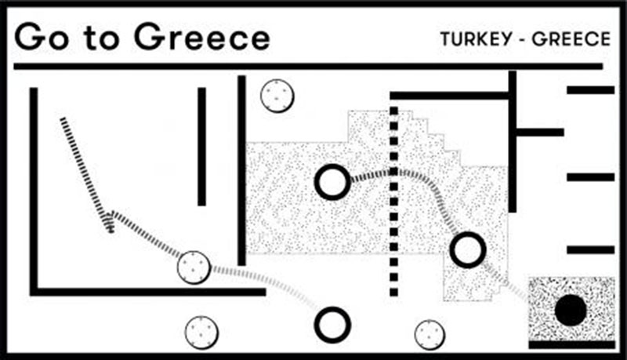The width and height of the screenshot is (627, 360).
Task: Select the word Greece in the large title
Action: click(202, 37)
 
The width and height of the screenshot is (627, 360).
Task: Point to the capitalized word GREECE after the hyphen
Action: click(571, 38)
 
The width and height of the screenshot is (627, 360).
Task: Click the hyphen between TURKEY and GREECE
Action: click(522, 40)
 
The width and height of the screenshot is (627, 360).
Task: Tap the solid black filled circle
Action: click(571, 311)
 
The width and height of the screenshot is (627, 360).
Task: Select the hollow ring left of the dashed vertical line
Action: click(332, 182)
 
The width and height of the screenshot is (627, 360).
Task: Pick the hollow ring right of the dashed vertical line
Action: click(468, 250)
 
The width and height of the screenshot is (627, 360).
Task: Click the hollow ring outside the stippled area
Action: click(332, 325)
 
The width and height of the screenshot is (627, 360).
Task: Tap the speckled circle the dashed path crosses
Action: click(194, 267)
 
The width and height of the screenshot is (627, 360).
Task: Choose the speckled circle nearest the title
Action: click(277, 96)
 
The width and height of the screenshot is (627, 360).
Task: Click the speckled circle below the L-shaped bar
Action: click(201, 333)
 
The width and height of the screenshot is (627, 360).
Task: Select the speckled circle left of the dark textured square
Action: click(429, 334)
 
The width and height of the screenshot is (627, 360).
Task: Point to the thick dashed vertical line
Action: click(394, 202)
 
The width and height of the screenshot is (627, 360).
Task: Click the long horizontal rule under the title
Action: click(308, 66)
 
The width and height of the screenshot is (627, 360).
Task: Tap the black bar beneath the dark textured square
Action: click(572, 344)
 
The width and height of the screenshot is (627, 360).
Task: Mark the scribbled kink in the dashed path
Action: click(108, 222)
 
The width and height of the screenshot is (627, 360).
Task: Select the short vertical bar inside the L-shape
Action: click(202, 147)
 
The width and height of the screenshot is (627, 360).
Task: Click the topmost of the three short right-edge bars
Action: click(591, 90)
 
